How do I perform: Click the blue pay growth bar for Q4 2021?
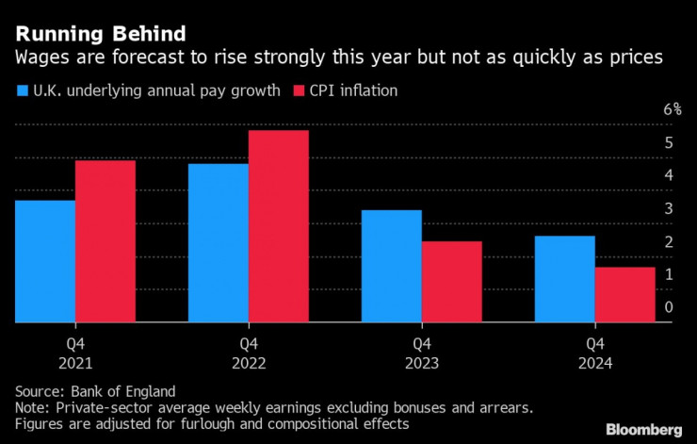(x=45, y=261)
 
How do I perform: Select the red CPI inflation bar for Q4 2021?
(x=105, y=241)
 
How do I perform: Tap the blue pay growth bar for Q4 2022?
(x=219, y=243)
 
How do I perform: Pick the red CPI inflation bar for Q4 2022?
(x=279, y=226)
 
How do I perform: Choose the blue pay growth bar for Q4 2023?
(x=392, y=266)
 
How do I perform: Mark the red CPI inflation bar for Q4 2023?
(x=452, y=282)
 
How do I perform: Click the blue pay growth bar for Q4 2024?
(x=565, y=279)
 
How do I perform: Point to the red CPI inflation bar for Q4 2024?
(x=625, y=294)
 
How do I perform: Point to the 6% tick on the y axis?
(x=671, y=109)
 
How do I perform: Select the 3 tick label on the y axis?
(x=669, y=208)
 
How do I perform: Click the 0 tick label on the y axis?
(x=669, y=306)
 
